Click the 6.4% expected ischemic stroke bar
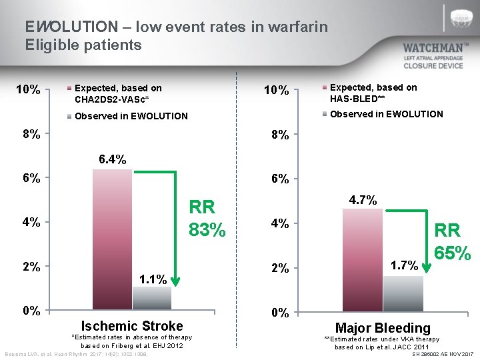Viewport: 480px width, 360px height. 112,240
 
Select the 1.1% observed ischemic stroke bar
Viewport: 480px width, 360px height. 152,298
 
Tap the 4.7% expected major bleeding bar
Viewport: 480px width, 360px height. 363,260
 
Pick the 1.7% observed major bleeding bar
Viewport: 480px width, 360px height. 403,294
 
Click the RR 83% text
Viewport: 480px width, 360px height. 207,219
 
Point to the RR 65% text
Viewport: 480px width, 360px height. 453,242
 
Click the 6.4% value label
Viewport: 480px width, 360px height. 112,159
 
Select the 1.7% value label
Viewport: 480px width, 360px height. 404,265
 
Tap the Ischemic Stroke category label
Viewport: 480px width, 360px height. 131,326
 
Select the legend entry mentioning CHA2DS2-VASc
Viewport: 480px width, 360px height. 118,93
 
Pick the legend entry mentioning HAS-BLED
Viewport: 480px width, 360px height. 373,93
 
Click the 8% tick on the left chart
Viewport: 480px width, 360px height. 31,133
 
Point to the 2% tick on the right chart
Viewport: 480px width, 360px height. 279,268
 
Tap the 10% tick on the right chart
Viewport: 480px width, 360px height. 276,90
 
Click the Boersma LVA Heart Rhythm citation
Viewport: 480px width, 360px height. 76,353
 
